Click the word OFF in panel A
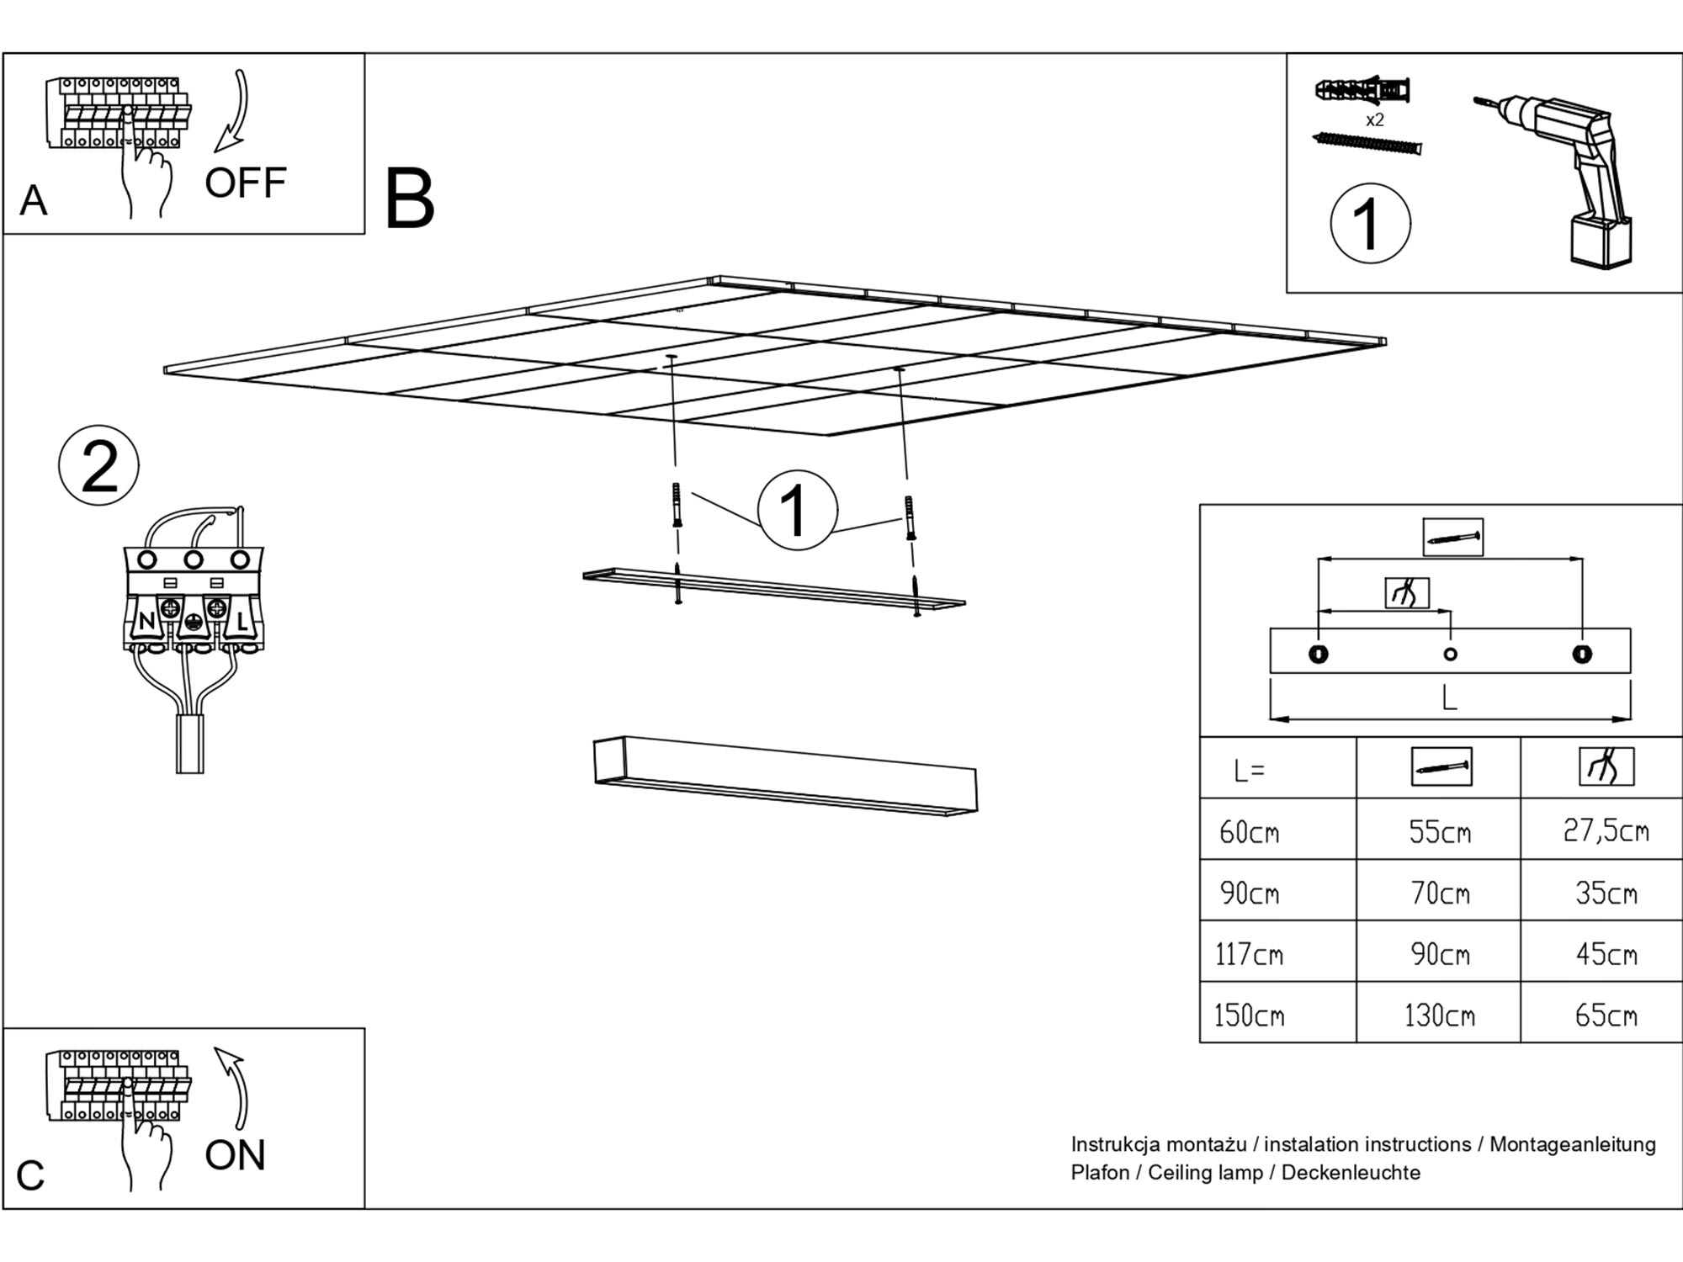pyautogui.click(x=245, y=183)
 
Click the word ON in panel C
pyautogui.click(x=235, y=1155)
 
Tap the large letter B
pyautogui.click(x=409, y=199)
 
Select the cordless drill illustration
pyautogui.click(x=1565, y=177)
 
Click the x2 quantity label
pyautogui.click(x=1374, y=120)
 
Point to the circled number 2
pyautogui.click(x=99, y=466)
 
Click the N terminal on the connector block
pyautogui.click(x=146, y=622)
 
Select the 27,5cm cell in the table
pyautogui.click(x=1606, y=831)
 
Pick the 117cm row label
pyautogui.click(x=1249, y=954)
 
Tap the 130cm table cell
pyautogui.click(x=1439, y=1015)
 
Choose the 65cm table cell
pyautogui.click(x=1606, y=1015)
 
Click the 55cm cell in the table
pyautogui.click(x=1440, y=832)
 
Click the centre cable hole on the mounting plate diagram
pyautogui.click(x=1450, y=655)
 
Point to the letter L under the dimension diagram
pyautogui.click(x=1449, y=697)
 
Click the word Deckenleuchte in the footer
pyautogui.click(x=1351, y=1173)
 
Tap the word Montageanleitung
pyautogui.click(x=1572, y=1144)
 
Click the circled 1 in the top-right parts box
pyautogui.click(x=1370, y=225)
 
